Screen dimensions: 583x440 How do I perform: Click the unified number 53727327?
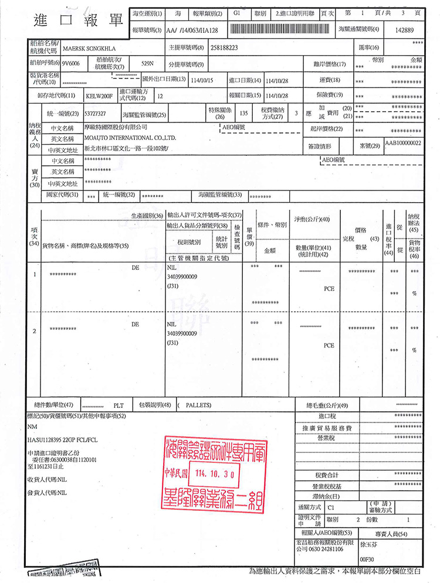95,113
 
